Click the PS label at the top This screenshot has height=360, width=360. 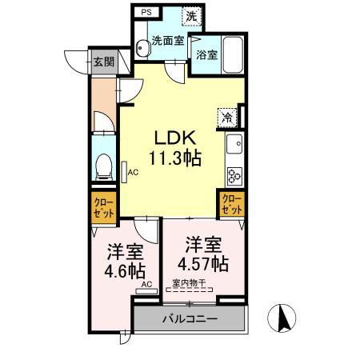coord(146,13)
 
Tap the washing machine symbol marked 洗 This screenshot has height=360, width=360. coord(191,15)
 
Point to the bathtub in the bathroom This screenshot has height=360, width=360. coord(234,54)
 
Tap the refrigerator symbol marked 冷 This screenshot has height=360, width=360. coord(227,117)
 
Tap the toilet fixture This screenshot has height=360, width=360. coord(102,166)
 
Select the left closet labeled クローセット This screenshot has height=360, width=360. coord(103,210)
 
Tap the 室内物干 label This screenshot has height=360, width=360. coord(189,283)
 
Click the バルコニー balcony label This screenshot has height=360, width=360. coord(188,318)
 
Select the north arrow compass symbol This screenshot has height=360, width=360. coord(282,318)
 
